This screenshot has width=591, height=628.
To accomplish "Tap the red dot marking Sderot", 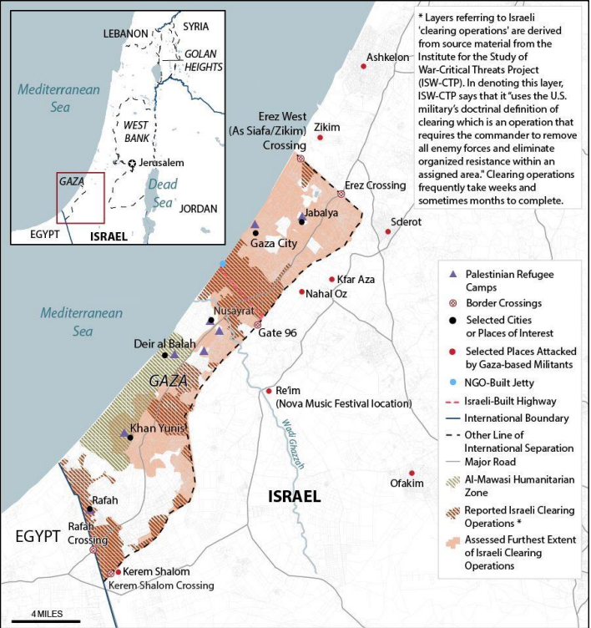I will coord(388,231).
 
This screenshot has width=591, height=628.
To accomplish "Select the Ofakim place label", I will coord(407,482).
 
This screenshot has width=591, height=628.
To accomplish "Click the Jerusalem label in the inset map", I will coord(162,163).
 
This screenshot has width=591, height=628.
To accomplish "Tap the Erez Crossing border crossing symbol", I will coord(341,194).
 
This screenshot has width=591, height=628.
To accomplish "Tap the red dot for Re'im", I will coord(269,391).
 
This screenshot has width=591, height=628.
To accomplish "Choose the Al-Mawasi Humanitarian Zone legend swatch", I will coord(452,482).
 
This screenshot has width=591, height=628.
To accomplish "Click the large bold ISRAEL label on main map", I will coord(293,496).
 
